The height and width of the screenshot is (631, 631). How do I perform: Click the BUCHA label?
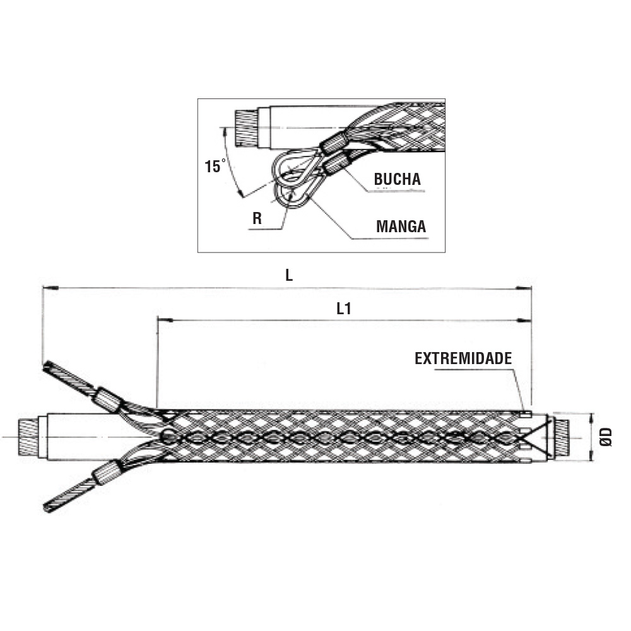(397, 179)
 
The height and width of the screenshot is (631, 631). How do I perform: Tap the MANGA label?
(401, 226)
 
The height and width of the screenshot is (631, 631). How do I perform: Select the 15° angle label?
(215, 166)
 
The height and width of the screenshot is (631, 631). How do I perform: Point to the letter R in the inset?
(257, 218)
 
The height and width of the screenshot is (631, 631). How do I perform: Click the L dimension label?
(289, 275)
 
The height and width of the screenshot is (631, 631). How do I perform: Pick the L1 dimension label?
(344, 309)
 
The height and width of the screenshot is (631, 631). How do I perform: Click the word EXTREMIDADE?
(463, 358)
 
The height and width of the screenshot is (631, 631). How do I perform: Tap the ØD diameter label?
(606, 437)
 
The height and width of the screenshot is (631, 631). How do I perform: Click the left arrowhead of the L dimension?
(50, 288)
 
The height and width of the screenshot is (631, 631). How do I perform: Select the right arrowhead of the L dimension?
(524, 288)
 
